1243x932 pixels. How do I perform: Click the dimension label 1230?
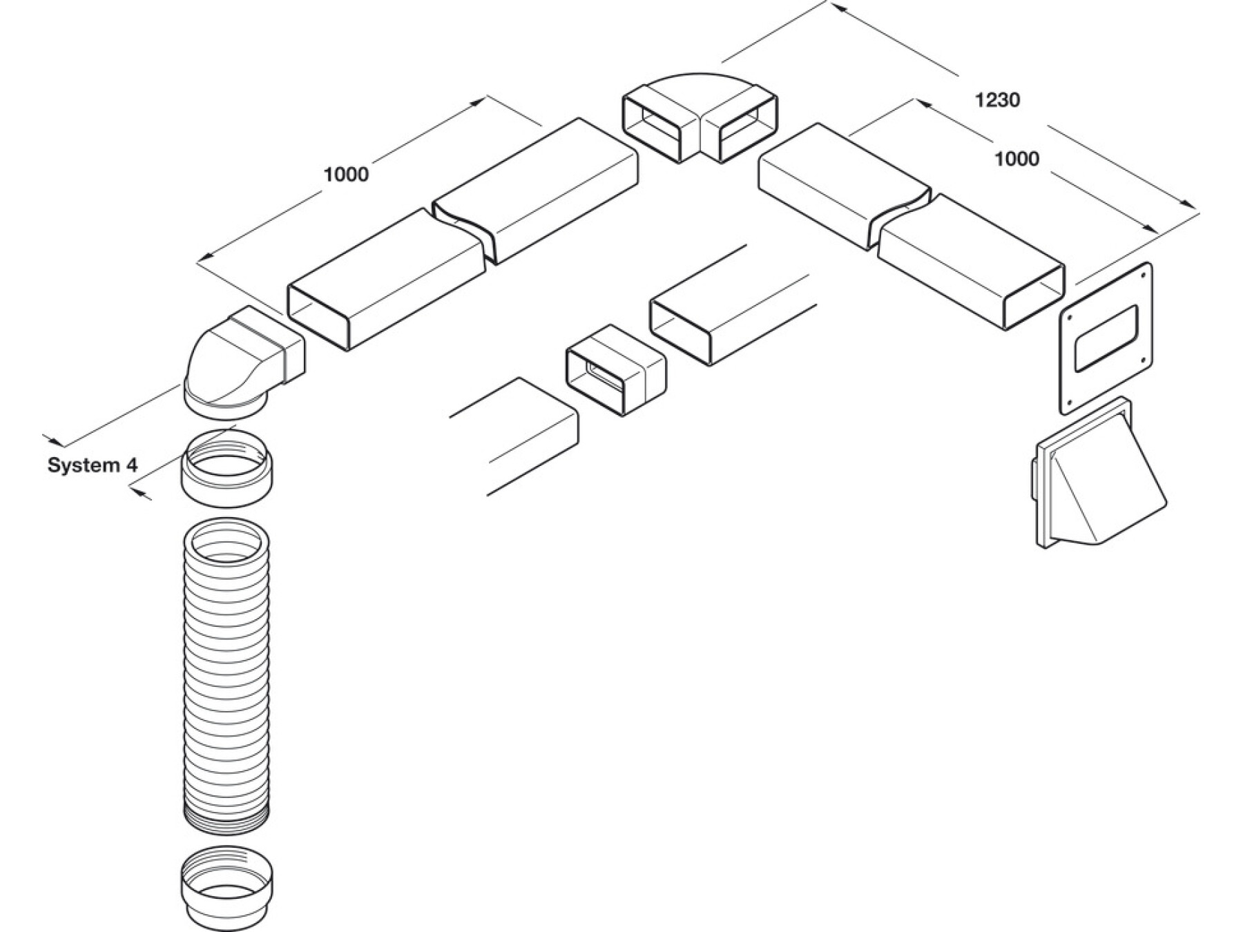pyautogui.click(x=997, y=101)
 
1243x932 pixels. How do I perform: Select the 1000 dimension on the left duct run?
pyautogui.click(x=346, y=174)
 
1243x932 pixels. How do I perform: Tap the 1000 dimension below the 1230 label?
pyautogui.click(x=1016, y=159)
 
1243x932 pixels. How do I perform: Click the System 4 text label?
pyautogui.click(x=93, y=465)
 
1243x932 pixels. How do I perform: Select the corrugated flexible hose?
pyautogui.click(x=227, y=677)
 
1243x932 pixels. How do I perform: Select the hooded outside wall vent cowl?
pyautogui.click(x=1098, y=476)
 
